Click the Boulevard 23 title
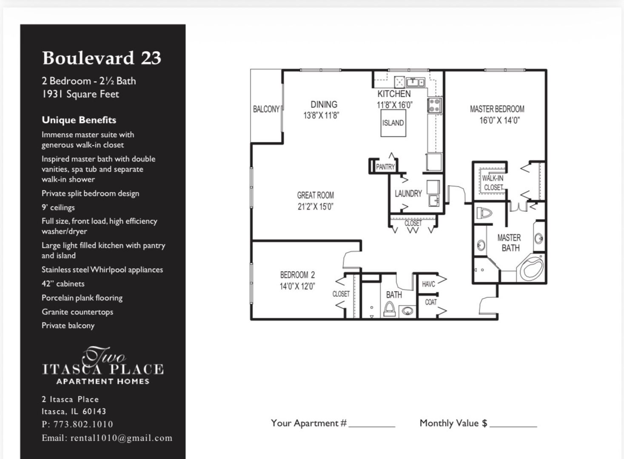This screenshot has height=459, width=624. [x=102, y=58]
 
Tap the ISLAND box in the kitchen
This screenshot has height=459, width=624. [x=393, y=123]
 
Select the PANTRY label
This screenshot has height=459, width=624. [x=385, y=167]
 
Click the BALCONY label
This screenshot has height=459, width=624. [x=266, y=109]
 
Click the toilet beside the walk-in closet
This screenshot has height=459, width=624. [x=484, y=212]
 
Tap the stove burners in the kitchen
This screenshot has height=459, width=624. [x=434, y=105]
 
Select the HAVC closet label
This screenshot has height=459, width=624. [x=428, y=284]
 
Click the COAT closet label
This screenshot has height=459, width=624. [x=430, y=302]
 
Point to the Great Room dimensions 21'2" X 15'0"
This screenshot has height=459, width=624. [x=315, y=207]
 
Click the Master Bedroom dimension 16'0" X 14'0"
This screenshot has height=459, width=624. [x=499, y=120]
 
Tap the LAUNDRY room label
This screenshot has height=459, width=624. [x=408, y=194]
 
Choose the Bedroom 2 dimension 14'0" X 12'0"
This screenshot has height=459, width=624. [x=297, y=286]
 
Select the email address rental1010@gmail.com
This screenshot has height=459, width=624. [x=121, y=438]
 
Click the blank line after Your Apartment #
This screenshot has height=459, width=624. [x=372, y=425]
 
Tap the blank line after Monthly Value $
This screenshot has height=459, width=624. [x=513, y=425]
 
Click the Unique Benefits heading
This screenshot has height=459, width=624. [x=79, y=120]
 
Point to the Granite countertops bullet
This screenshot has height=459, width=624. [x=77, y=312]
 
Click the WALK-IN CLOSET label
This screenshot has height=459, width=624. [x=493, y=183]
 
